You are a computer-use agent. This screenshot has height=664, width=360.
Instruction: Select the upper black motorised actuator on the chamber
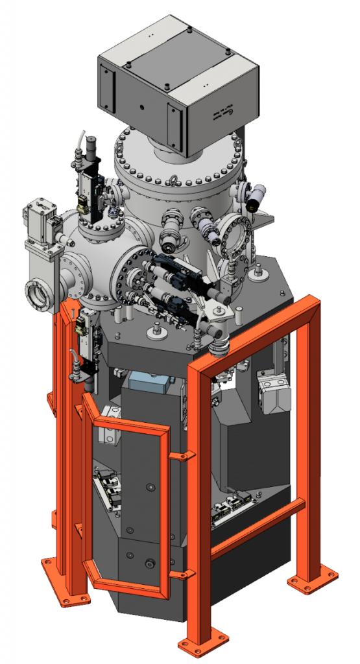tap(172, 266)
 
